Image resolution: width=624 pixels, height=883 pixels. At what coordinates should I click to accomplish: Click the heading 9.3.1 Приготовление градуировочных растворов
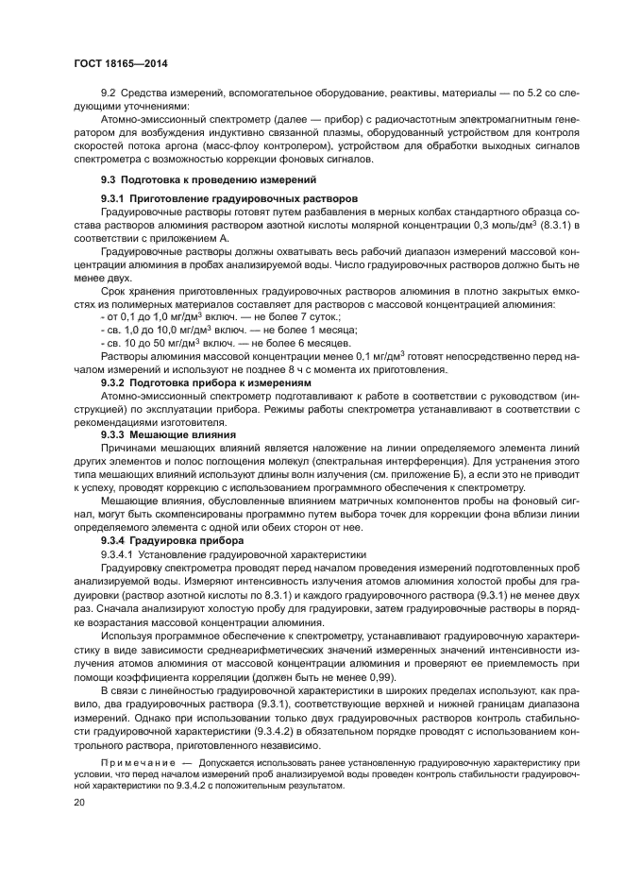tap(229, 201)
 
